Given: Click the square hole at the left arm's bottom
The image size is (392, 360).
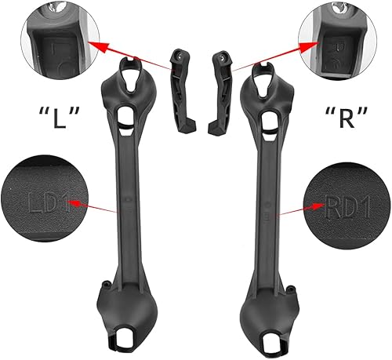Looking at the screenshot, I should point(125,340).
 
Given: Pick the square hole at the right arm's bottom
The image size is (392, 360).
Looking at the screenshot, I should point(270,340).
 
